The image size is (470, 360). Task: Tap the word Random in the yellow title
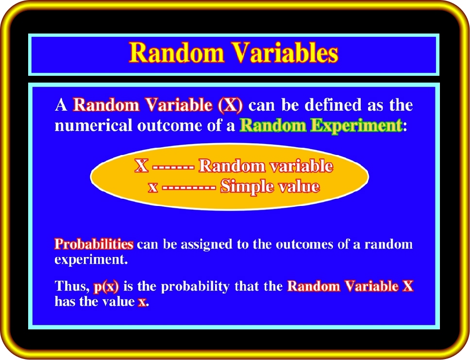[177, 52]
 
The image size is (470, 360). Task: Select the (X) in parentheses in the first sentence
[230, 105]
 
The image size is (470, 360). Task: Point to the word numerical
[93, 125]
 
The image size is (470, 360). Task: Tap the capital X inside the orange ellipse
[141, 166]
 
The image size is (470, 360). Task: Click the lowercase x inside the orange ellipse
[152, 188]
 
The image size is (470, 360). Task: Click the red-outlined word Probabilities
[94, 244]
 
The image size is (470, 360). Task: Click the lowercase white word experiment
[91, 260]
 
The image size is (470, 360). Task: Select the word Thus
[72, 287]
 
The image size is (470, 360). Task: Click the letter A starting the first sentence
[61, 105]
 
